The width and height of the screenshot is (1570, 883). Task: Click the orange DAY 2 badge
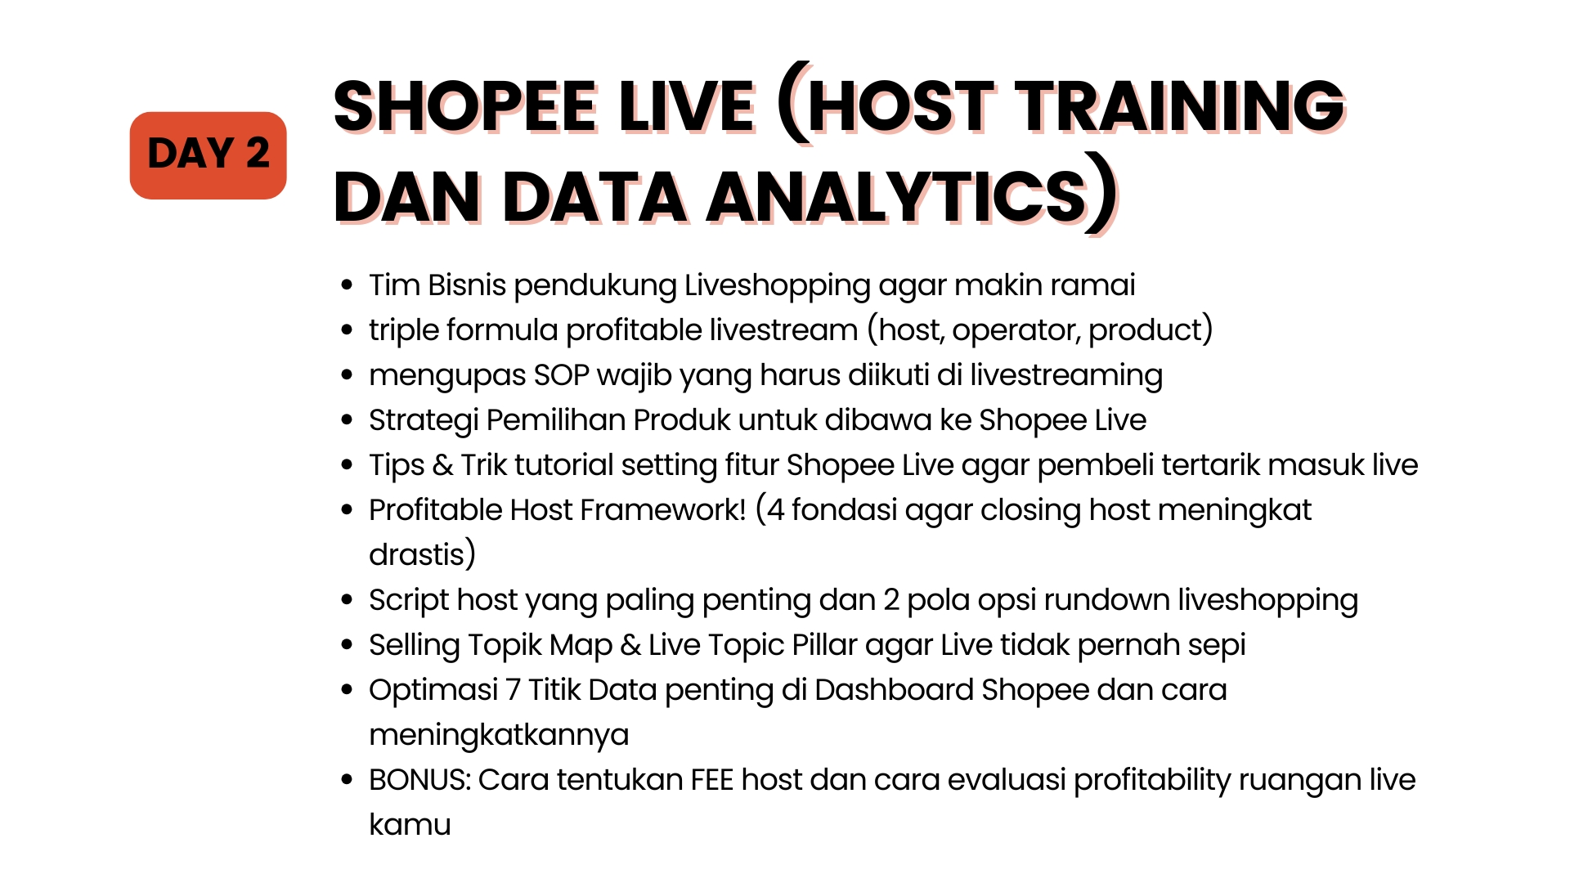tap(208, 155)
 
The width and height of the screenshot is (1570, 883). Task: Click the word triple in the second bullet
tap(405, 331)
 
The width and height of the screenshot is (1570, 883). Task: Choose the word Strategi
tap(424, 421)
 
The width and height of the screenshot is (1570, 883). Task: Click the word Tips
tap(397, 466)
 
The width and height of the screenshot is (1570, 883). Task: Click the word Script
tap(409, 601)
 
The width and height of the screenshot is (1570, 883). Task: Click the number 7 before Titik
tap(514, 690)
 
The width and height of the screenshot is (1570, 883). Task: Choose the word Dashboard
tap(895, 690)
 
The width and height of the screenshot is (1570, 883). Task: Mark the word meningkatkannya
tap(499, 736)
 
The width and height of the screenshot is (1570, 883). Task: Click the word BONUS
tap(419, 780)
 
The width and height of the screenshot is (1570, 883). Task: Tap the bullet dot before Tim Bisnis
tap(348, 285)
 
